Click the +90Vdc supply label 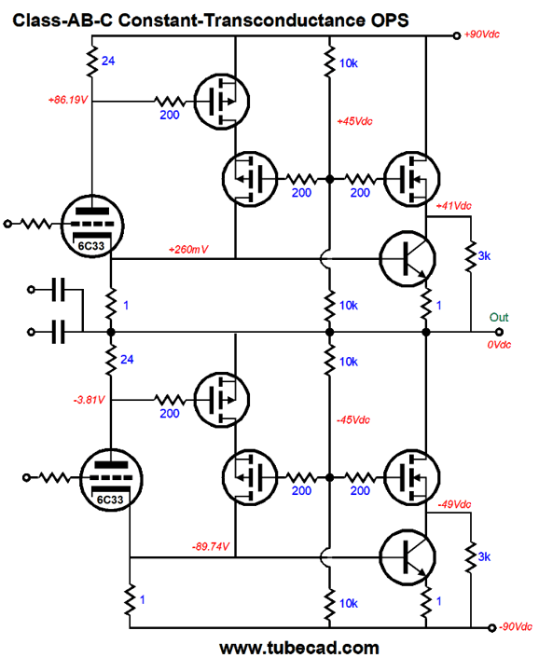click(x=482, y=34)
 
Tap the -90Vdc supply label click(x=516, y=626)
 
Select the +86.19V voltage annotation click(x=68, y=100)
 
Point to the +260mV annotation click(x=188, y=249)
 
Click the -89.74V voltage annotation click(x=211, y=546)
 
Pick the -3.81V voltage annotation click(x=89, y=400)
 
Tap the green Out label click(x=499, y=317)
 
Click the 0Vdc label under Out click(x=499, y=345)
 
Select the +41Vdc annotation click(x=454, y=206)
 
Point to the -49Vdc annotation click(x=454, y=504)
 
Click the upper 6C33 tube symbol click(x=92, y=226)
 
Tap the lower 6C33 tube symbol click(x=111, y=479)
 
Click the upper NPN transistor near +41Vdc click(x=408, y=258)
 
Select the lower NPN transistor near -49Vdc click(x=408, y=557)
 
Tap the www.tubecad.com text click(x=299, y=648)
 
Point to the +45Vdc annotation click(x=354, y=121)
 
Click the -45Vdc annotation click(x=353, y=419)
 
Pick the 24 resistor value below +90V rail click(x=108, y=61)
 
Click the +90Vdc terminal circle click(x=457, y=35)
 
